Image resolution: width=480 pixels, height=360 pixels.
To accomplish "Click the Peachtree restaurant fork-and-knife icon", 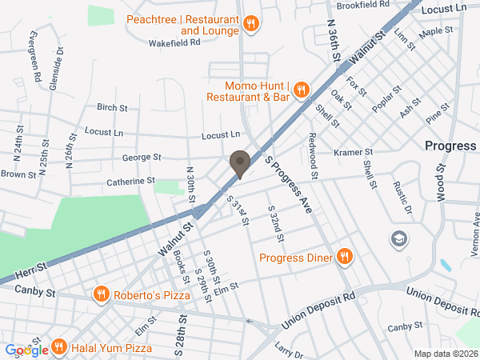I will pos(250,24).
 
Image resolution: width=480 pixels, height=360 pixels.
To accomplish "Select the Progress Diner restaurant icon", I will pos(345,257).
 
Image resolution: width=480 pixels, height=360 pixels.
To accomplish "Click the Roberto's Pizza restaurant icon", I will pos(101,295).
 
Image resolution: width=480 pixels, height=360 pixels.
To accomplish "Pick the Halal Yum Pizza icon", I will pos(58,347).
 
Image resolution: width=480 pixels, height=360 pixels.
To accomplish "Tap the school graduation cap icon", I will pos(398,238).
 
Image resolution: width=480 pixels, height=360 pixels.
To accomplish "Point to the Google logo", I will pos(26,350).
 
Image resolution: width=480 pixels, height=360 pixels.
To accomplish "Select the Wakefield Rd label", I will pos(174,42).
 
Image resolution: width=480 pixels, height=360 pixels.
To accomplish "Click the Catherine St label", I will pos(130,182).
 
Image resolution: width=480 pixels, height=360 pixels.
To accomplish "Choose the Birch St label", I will pos(112,107).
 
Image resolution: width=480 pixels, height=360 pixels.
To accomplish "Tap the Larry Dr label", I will pos(289,349).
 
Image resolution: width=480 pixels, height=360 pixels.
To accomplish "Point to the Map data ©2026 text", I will pos(446,354).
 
